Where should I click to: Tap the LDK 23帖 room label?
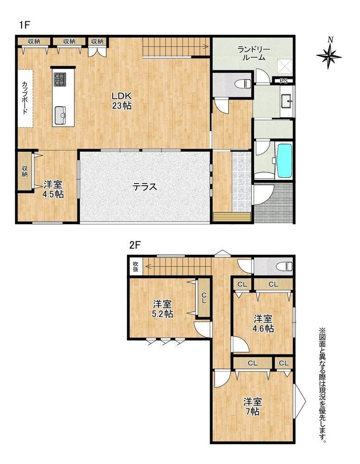point(121,101)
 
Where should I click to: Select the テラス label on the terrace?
point(144,187)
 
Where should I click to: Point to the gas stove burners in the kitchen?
point(60,79)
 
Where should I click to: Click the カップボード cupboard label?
point(24,98)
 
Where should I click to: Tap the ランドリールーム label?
point(254,53)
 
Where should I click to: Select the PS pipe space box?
point(283,81)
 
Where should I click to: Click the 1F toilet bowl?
point(243,84)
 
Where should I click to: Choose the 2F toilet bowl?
point(284,266)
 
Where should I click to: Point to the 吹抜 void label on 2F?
point(135,266)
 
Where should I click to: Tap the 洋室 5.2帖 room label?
point(163,309)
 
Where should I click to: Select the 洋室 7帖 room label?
point(253,406)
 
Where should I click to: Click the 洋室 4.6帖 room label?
point(263,324)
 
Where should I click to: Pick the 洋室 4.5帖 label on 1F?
point(53,189)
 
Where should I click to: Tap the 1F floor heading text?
point(24,25)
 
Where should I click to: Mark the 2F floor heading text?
point(134,246)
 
